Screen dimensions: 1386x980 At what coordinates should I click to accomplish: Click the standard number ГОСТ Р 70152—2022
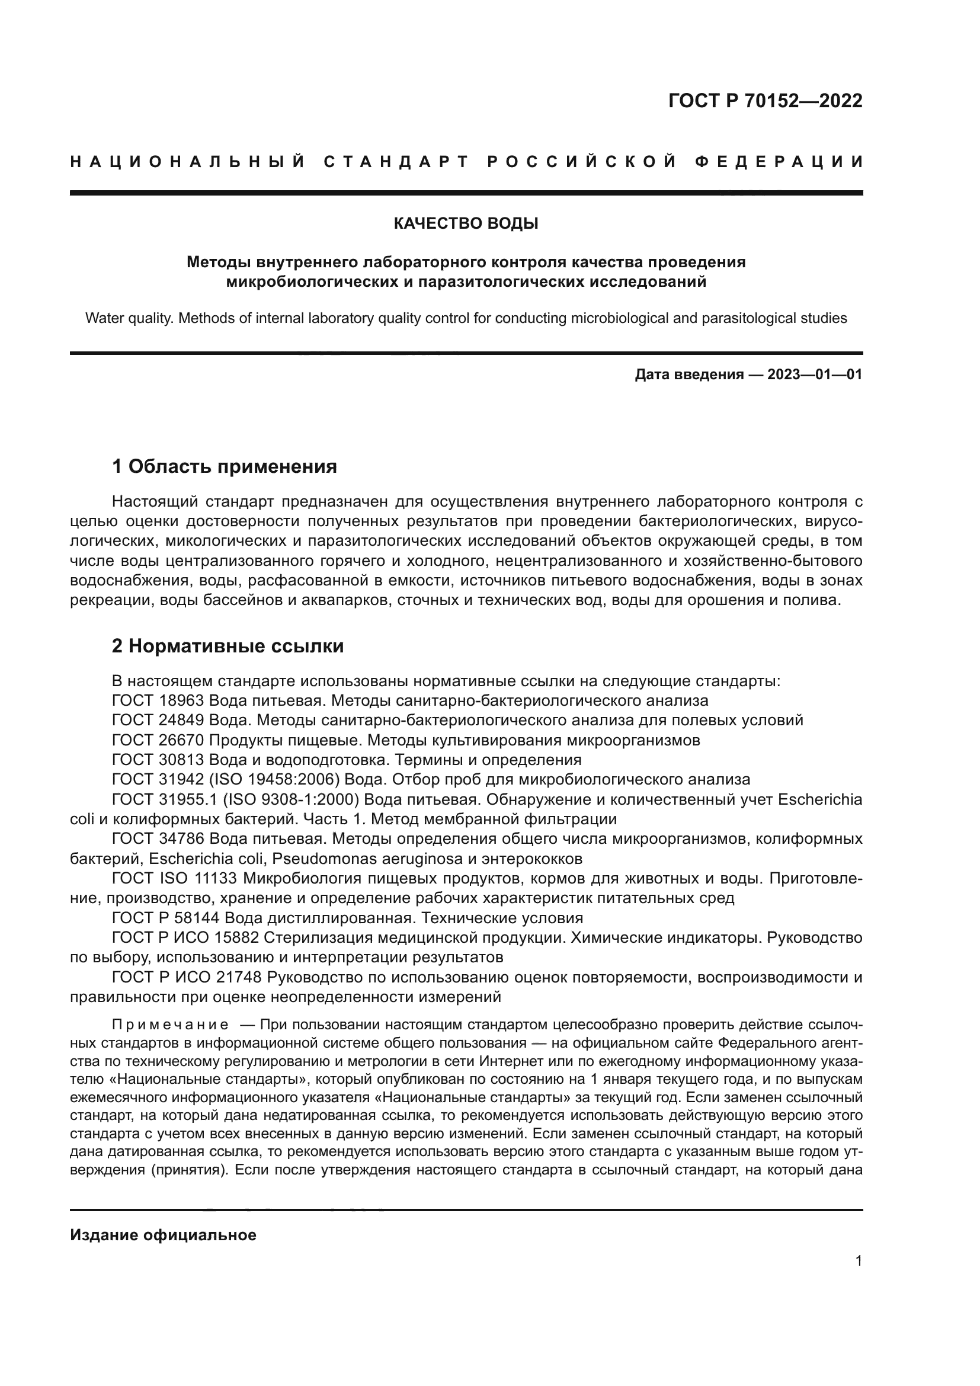764,101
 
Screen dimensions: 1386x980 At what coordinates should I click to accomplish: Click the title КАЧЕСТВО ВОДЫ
466,224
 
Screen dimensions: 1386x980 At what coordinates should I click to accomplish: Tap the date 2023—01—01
814,375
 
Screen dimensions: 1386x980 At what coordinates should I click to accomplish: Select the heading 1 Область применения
224,466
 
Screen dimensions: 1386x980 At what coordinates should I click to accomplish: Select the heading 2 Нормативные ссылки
228,646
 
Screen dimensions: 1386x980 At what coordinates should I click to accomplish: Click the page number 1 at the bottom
858,1261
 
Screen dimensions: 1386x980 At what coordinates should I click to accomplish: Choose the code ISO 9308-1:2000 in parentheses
291,800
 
